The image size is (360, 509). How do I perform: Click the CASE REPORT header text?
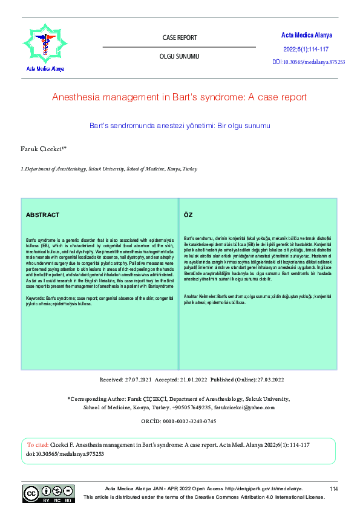click(180, 37)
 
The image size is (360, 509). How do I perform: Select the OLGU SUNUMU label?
click(180, 56)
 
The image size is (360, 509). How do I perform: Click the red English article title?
click(180, 97)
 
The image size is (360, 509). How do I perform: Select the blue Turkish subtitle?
click(180, 126)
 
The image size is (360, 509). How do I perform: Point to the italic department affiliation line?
click(109, 169)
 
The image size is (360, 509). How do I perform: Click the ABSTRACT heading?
click(42, 215)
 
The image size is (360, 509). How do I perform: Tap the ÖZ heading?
click(188, 215)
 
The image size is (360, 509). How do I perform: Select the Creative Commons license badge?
click(49, 493)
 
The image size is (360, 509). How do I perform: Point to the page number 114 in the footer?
click(333, 488)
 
